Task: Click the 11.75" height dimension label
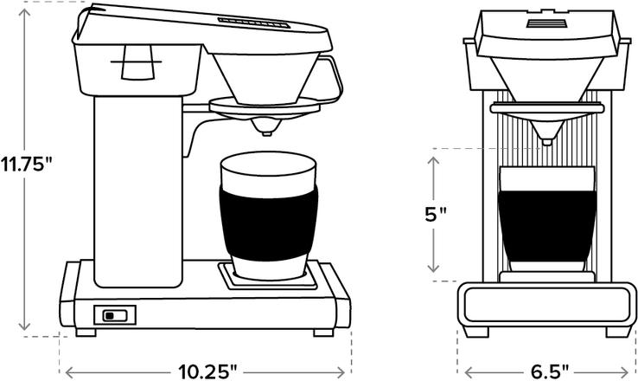tap(27, 164)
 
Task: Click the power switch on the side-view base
tap(114, 315)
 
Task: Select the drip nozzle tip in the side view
tap(265, 130)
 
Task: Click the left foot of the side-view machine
tap(87, 332)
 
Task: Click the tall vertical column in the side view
tap(138, 190)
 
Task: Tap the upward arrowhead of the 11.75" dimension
tap(27, 9)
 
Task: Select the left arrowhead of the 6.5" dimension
tap(462, 371)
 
